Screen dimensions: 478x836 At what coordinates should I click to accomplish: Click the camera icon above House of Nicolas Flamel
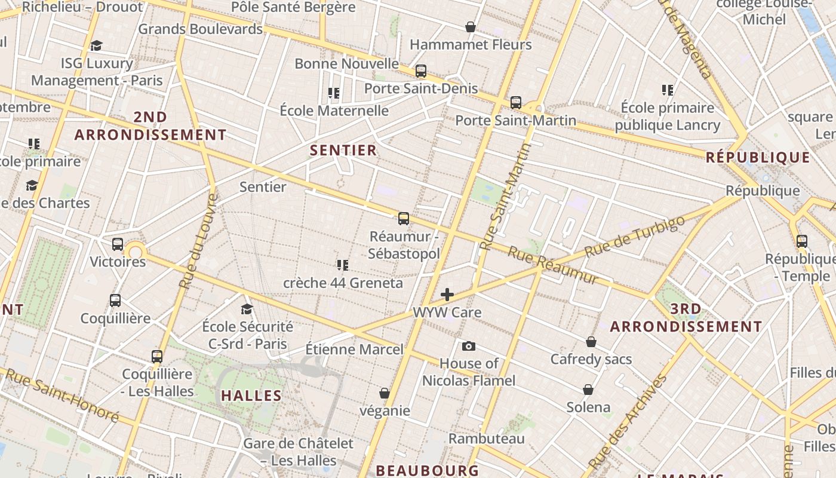469,346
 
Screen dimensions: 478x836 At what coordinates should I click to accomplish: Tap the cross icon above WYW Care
447,295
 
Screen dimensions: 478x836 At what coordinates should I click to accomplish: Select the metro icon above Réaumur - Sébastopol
404,219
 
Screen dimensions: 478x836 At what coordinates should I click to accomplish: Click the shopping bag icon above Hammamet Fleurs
471,27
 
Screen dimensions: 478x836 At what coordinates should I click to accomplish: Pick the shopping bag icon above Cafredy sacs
591,342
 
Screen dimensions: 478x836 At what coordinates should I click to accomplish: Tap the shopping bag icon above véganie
385,393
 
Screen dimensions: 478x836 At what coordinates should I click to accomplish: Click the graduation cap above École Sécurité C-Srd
247,309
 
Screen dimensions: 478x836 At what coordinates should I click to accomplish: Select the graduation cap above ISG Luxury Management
96,46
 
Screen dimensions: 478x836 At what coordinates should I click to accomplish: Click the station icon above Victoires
118,244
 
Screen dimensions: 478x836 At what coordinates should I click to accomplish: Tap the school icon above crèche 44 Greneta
343,265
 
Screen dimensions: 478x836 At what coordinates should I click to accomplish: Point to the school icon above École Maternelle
334,93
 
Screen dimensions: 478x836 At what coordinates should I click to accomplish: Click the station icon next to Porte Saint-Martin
516,103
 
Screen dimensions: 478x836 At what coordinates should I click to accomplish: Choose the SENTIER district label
343,150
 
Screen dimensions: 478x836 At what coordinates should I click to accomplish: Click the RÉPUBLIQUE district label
758,158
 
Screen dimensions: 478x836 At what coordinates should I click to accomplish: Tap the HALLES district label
251,396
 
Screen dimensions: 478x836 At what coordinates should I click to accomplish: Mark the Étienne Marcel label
354,349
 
